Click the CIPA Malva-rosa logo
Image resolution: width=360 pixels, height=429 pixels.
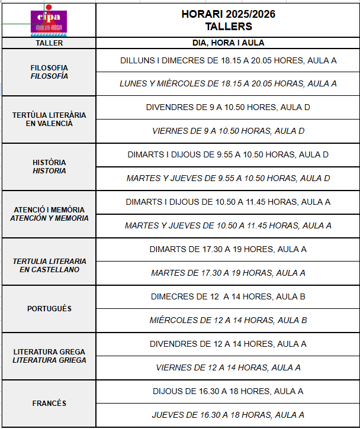tap(49, 21)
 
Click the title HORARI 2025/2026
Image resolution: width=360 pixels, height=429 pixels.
tap(228, 14)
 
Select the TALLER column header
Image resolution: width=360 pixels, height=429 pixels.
tap(49, 43)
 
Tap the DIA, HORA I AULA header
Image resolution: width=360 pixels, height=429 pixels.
tap(228, 43)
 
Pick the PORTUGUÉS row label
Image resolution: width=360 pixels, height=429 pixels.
tap(49, 309)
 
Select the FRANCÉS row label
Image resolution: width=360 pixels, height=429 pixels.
tap(49, 404)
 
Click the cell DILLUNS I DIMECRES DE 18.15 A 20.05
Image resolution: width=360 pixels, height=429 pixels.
tap(228, 60)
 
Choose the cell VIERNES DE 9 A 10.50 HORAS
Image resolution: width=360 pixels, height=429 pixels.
tap(228, 131)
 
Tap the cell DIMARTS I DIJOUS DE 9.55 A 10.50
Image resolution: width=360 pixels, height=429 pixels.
tap(228, 154)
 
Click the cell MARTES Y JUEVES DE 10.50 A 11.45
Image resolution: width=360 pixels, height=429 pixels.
tap(228, 225)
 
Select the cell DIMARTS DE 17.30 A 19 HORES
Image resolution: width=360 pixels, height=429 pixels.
tap(228, 249)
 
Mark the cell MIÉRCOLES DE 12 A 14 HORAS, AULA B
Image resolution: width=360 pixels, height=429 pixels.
tap(228, 320)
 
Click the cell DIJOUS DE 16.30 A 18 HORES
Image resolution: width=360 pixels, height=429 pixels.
tap(228, 391)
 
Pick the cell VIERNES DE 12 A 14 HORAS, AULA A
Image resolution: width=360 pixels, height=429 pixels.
tap(228, 367)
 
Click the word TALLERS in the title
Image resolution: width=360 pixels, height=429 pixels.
tap(228, 27)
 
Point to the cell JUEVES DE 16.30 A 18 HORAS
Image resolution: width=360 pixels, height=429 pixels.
tap(228, 415)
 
